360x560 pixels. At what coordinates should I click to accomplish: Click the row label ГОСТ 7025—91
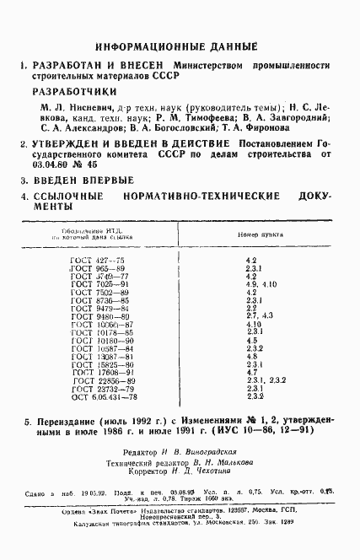coord(99,284)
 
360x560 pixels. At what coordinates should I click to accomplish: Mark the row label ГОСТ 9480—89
coord(99,315)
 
